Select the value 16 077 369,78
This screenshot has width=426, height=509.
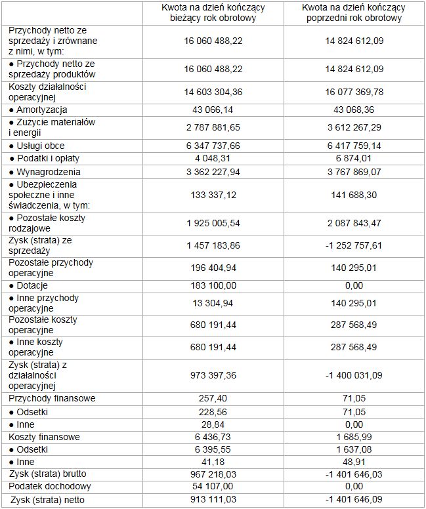pos(353,92)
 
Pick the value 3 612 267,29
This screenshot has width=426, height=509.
pos(353,127)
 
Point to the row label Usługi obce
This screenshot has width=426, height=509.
pos(39,146)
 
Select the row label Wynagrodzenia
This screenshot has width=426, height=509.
pos(43,171)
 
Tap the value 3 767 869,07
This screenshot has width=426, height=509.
pos(353,171)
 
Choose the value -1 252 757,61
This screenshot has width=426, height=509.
pos(353,245)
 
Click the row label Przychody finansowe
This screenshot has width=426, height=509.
pos(52,398)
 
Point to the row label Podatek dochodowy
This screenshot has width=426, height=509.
pos(50,486)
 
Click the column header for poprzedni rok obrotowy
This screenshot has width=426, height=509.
pos(353,12)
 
